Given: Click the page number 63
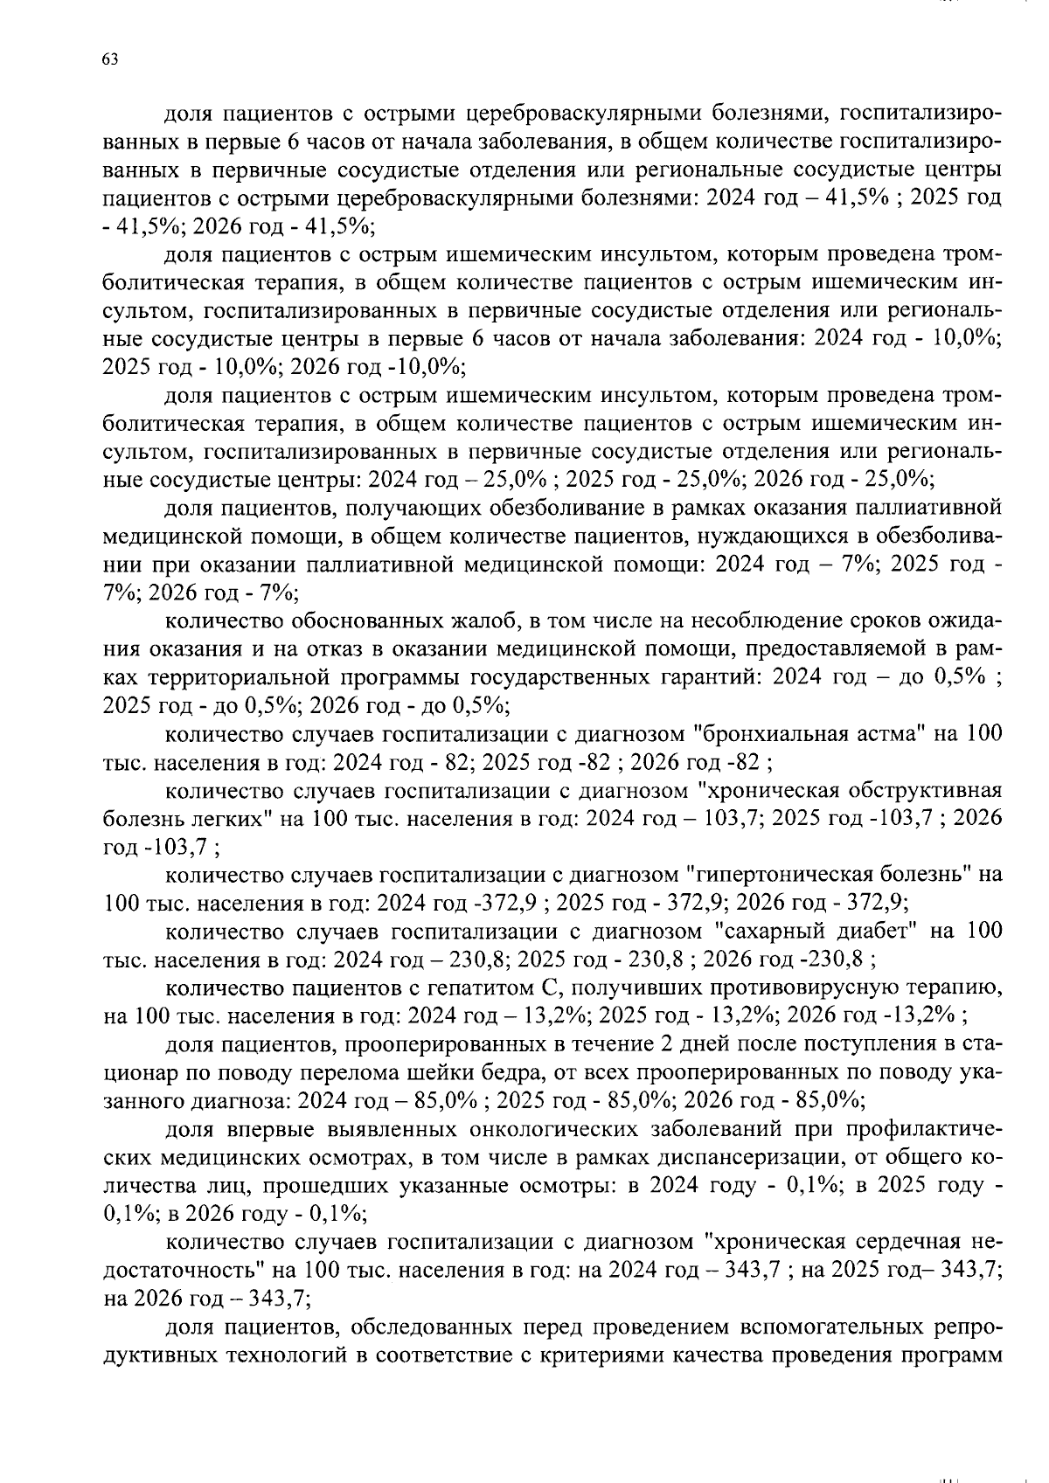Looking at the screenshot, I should click(x=110, y=59).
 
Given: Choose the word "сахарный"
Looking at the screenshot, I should click(x=768, y=931).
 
